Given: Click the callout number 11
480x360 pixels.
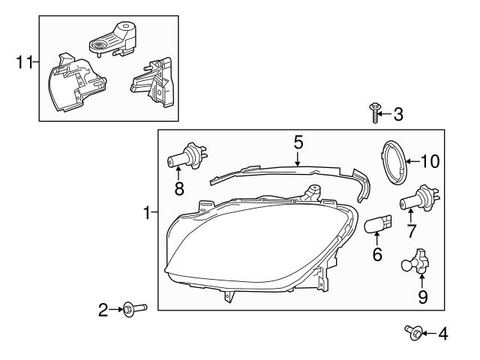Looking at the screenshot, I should coord(24,61).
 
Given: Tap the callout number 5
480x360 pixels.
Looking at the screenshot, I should coord(298,141).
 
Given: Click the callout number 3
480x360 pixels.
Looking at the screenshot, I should coord(397,115).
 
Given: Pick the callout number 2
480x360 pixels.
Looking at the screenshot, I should coord(104,307).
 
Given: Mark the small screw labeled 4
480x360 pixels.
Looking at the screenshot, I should coord(412,331).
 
